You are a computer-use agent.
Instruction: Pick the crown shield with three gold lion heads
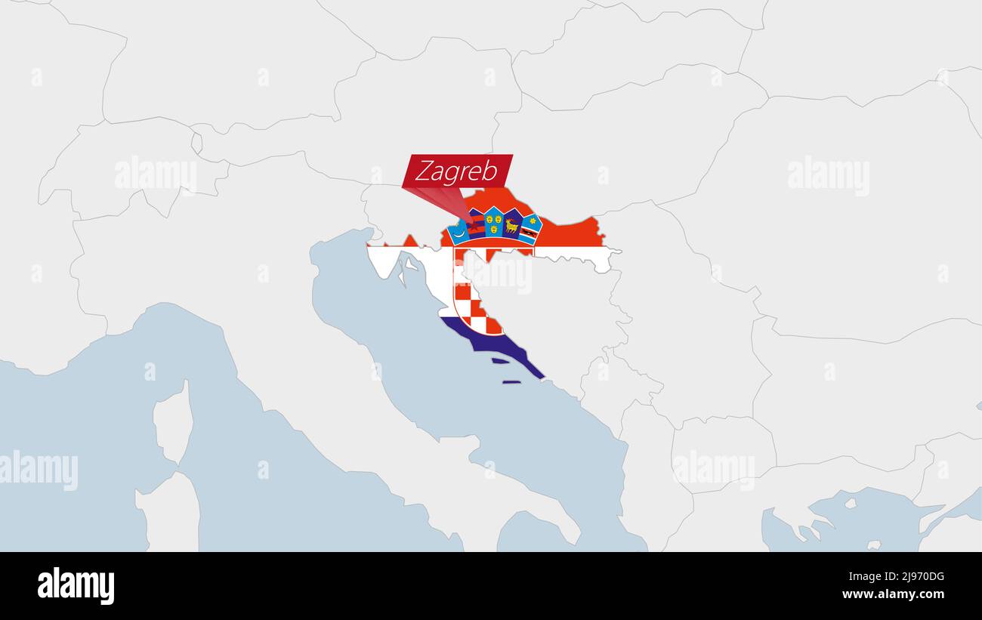(x=494, y=222)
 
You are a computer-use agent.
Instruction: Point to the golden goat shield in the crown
(x=513, y=224)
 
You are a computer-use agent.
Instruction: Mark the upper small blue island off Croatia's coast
(x=500, y=361)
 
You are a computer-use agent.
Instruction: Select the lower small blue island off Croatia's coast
(x=511, y=381)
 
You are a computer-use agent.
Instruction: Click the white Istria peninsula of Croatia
(x=384, y=260)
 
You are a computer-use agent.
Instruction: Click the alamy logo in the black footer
(x=76, y=586)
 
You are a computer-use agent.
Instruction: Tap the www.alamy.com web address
(x=893, y=594)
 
